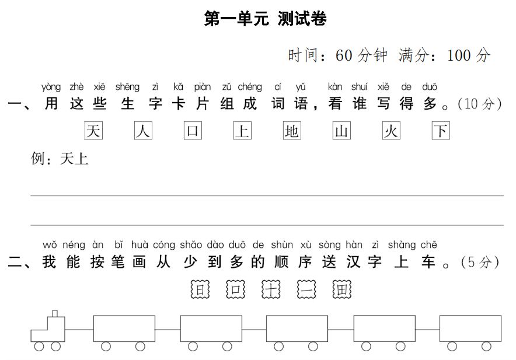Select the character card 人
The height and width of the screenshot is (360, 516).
tap(143, 131)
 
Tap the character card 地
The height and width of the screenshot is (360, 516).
tap(292, 131)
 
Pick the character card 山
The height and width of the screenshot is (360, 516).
tap(341, 131)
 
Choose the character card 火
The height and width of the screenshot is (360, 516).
tap(391, 131)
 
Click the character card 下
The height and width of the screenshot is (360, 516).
tap(441, 131)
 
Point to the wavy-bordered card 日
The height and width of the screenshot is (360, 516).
tap(200, 289)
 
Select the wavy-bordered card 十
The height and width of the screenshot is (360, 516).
tap(271, 289)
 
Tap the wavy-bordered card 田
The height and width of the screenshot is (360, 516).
tap(342, 289)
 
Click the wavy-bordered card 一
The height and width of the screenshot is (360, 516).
tap(306, 289)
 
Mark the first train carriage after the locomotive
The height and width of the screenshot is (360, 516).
tap(124, 328)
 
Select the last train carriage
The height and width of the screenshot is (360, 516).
tap(470, 328)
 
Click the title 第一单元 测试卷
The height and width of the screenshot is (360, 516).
tap(265, 19)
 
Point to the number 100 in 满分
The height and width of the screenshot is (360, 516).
tap(459, 55)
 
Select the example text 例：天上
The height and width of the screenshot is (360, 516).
tap(60, 159)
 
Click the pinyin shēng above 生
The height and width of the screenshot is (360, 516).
tap(127, 87)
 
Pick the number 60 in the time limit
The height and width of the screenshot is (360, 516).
tap(344, 55)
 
